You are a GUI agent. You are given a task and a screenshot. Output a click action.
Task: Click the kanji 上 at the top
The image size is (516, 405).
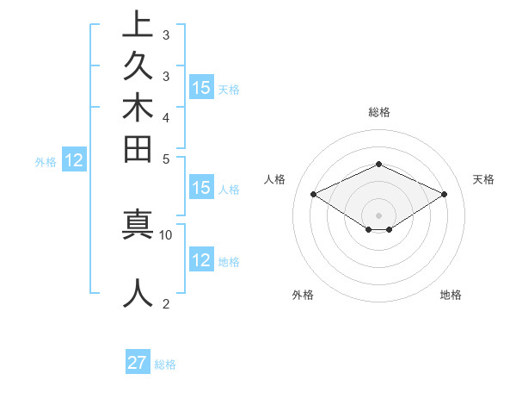138,24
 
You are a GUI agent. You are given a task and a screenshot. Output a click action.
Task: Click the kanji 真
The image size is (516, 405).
138,223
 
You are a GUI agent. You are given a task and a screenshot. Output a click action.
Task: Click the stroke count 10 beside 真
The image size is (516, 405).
166,234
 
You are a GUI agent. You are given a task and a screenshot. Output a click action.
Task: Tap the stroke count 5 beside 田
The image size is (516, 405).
166,159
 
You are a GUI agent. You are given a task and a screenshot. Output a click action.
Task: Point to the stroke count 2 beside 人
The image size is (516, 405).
166,303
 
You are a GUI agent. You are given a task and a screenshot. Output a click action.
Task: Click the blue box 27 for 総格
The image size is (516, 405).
138,363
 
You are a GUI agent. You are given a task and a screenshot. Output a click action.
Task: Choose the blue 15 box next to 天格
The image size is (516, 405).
201,87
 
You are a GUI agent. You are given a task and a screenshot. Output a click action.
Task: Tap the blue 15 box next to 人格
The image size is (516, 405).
201,188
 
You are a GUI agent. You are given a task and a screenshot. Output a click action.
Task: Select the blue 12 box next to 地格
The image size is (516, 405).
201,260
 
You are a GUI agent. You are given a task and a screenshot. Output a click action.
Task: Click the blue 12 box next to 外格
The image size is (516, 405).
75,159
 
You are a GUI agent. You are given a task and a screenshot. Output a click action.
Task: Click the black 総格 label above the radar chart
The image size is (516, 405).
378,112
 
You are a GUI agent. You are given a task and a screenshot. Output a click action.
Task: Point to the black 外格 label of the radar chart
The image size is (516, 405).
303,296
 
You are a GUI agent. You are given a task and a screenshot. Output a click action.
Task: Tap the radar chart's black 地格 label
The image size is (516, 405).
451,296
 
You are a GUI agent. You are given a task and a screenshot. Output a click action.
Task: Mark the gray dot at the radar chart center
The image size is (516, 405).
378,215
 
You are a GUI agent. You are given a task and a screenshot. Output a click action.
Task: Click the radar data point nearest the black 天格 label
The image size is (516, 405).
444,195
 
